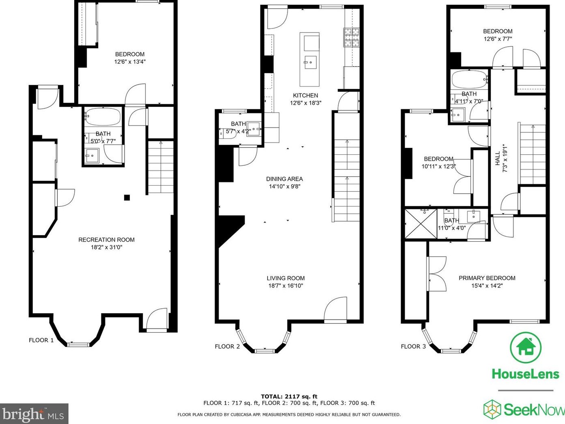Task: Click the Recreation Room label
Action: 106,240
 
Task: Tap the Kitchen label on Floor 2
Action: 305,95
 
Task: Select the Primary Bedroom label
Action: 487,278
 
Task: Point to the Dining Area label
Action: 284,179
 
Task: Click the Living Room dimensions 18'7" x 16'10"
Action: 286,286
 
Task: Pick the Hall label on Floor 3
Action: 498,158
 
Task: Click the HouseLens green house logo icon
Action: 526,348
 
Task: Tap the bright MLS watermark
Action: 34,414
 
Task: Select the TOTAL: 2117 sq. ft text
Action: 289,397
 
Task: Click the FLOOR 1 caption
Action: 41,340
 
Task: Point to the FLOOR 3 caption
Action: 413,346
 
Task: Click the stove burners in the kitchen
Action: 351,38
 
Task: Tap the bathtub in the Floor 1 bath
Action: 103,117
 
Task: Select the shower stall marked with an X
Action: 421,224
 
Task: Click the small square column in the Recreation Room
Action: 127,198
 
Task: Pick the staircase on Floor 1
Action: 161,167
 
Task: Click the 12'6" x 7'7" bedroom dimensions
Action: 498,39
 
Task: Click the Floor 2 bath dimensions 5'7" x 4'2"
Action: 238,132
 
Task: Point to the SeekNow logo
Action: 524,409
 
